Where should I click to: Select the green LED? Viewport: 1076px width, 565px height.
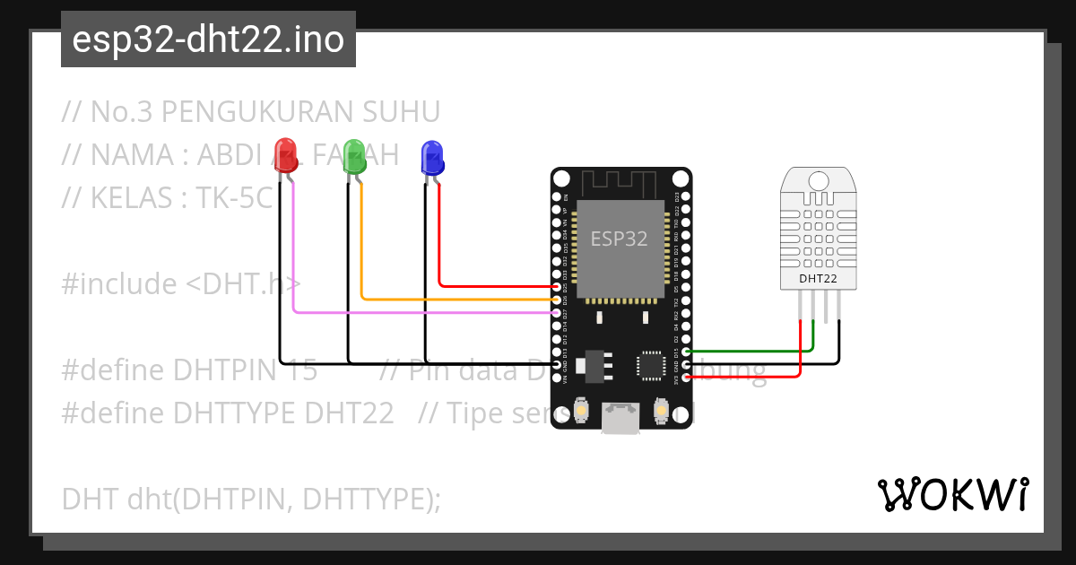(354, 155)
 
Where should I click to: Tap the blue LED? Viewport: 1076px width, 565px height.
(432, 157)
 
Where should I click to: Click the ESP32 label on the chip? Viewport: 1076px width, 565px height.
(619, 239)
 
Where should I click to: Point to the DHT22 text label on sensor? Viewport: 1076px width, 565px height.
(818, 280)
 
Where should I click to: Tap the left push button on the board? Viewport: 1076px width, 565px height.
(581, 411)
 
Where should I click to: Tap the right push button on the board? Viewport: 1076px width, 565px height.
(662, 411)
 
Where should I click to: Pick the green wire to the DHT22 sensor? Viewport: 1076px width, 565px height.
(753, 351)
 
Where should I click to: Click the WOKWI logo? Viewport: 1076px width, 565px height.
(952, 494)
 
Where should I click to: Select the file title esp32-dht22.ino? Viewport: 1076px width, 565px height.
(208, 40)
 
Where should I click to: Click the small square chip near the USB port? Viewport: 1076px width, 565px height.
(650, 365)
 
